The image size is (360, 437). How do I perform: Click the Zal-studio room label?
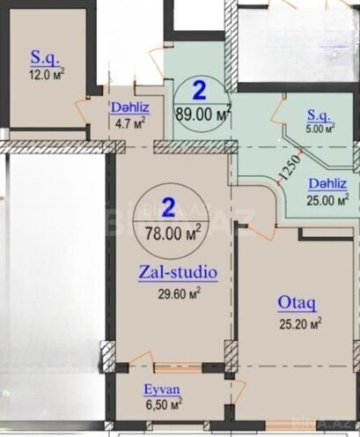coord(178,272)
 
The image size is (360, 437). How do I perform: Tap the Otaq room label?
coord(297,302)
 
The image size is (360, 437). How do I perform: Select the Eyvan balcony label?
coord(164,389)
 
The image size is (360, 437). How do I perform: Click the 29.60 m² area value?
coord(177,294)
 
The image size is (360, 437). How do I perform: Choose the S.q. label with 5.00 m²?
coord(319,115)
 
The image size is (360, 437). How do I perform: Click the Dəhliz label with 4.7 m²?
coord(128,108)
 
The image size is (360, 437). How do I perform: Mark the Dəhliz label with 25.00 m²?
coord(327,183)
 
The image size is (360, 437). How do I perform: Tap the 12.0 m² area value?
coord(47,74)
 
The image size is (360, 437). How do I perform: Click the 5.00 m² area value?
coord(319,129)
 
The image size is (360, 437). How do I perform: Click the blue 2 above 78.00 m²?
coord(168,208)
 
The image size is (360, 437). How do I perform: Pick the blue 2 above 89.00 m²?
coord(200,90)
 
